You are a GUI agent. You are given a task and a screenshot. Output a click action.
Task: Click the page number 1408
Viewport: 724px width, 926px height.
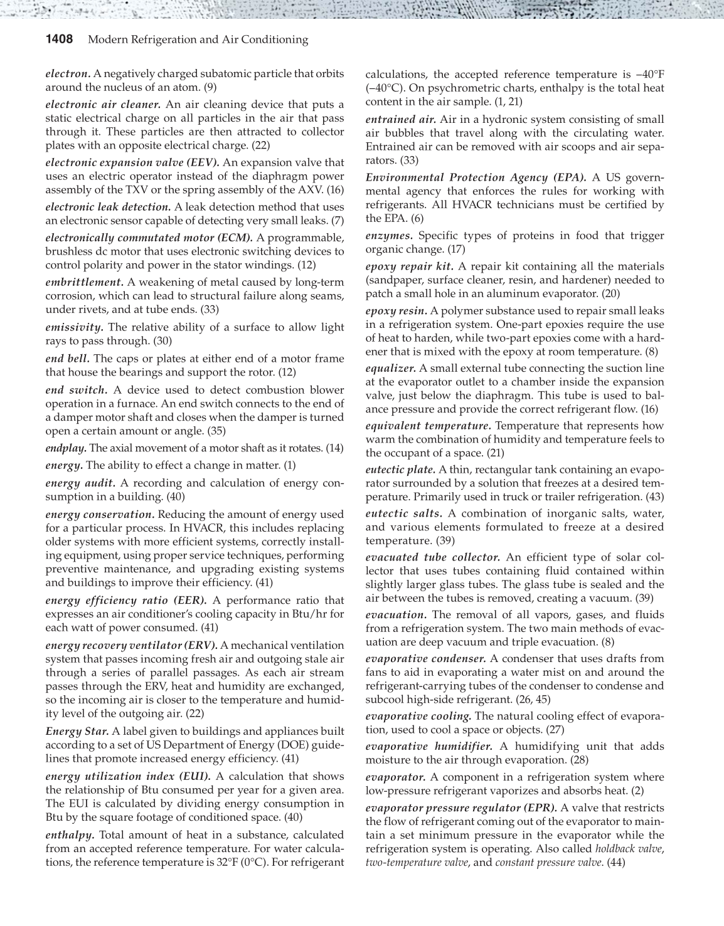[x=60, y=40]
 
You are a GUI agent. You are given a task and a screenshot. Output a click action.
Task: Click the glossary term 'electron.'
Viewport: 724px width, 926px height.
[x=68, y=74]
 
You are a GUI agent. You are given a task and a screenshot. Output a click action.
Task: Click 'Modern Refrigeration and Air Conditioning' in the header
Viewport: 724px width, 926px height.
[x=198, y=40]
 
